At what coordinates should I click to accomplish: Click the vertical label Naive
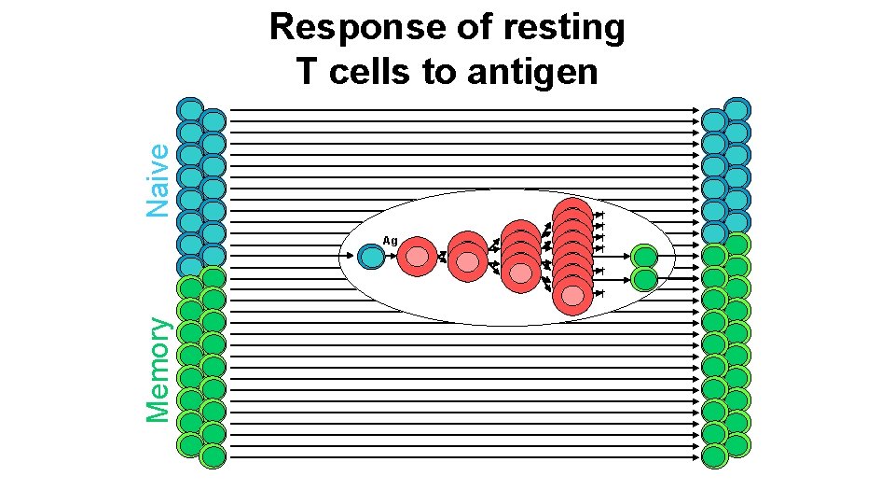pyautogui.click(x=159, y=179)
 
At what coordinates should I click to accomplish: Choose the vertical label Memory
pyautogui.click(x=159, y=369)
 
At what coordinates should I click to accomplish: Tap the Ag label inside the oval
pyautogui.click(x=390, y=241)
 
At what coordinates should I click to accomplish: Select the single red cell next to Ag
pyautogui.click(x=417, y=256)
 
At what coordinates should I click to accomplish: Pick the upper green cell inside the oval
pyautogui.click(x=644, y=256)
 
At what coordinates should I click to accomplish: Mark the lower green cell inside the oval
pyautogui.click(x=644, y=278)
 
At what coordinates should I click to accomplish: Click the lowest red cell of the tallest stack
pyautogui.click(x=571, y=295)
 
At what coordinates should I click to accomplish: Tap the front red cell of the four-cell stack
pyautogui.click(x=519, y=271)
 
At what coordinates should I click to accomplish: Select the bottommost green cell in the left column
pyautogui.click(x=213, y=456)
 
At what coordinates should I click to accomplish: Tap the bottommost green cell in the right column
pyautogui.click(x=715, y=456)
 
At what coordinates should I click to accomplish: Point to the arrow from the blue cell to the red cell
pyautogui.click(x=391, y=257)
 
